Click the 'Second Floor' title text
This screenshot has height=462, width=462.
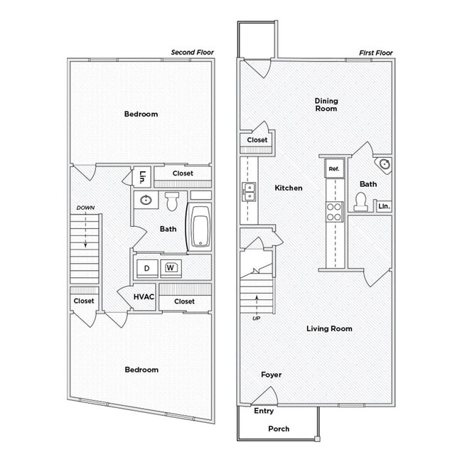pyautogui.click(x=192, y=53)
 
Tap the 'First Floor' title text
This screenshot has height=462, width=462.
pyautogui.click(x=376, y=53)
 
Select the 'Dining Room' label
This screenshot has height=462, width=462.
pyautogui.click(x=326, y=105)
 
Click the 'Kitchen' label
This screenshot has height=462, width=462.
pyautogui.click(x=289, y=188)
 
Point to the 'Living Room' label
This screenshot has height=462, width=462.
pyautogui.click(x=329, y=328)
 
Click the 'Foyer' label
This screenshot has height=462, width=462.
pyautogui.click(x=271, y=375)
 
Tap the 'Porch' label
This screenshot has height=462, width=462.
pyautogui.click(x=279, y=429)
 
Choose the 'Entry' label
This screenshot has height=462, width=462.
pyautogui.click(x=264, y=411)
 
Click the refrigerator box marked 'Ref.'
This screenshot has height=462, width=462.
pyautogui.click(x=334, y=169)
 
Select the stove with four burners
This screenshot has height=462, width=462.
pyautogui.click(x=334, y=211)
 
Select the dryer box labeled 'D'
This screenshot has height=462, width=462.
pyautogui.click(x=147, y=268)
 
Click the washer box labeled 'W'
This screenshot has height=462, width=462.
pyautogui.click(x=171, y=268)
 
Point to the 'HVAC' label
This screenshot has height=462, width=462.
pyautogui.click(x=144, y=297)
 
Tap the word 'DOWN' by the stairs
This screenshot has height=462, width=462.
pyautogui.click(x=85, y=208)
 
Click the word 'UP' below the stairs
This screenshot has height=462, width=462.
pyautogui.click(x=255, y=318)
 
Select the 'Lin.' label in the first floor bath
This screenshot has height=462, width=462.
pyautogui.click(x=384, y=206)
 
